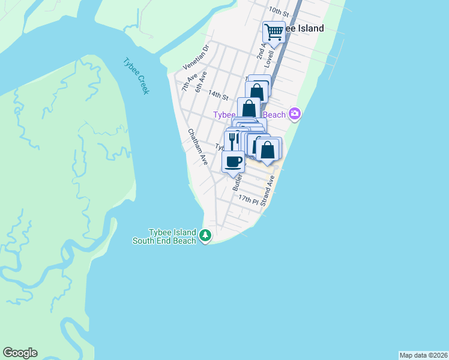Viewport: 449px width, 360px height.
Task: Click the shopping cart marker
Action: click(x=274, y=31)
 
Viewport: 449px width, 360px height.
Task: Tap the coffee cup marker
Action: click(x=234, y=161)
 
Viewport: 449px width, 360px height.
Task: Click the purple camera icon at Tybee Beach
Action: click(x=294, y=113)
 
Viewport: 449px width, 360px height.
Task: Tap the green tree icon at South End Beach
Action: click(x=206, y=235)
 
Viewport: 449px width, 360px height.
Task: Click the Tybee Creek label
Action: click(x=136, y=76)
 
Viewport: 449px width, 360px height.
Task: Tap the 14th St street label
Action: click(x=218, y=95)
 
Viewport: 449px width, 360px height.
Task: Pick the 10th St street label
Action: click(x=279, y=11)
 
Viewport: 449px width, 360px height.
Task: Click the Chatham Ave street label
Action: click(x=197, y=147)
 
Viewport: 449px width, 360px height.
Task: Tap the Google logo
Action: click(x=20, y=353)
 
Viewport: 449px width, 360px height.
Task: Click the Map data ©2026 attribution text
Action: click(x=423, y=355)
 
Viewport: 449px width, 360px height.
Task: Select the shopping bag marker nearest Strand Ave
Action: click(x=269, y=149)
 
